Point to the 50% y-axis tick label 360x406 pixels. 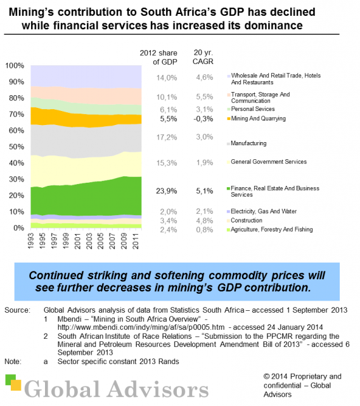(x=15, y=147)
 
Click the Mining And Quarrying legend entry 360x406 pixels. (x=258, y=119)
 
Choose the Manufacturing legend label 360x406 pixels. (x=248, y=143)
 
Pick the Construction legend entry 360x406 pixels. (x=247, y=220)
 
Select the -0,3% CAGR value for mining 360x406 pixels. (x=202, y=119)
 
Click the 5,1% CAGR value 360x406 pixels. (x=202, y=190)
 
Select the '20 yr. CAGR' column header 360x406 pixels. (x=202, y=56)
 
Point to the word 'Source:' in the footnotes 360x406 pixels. (x=16, y=310)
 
